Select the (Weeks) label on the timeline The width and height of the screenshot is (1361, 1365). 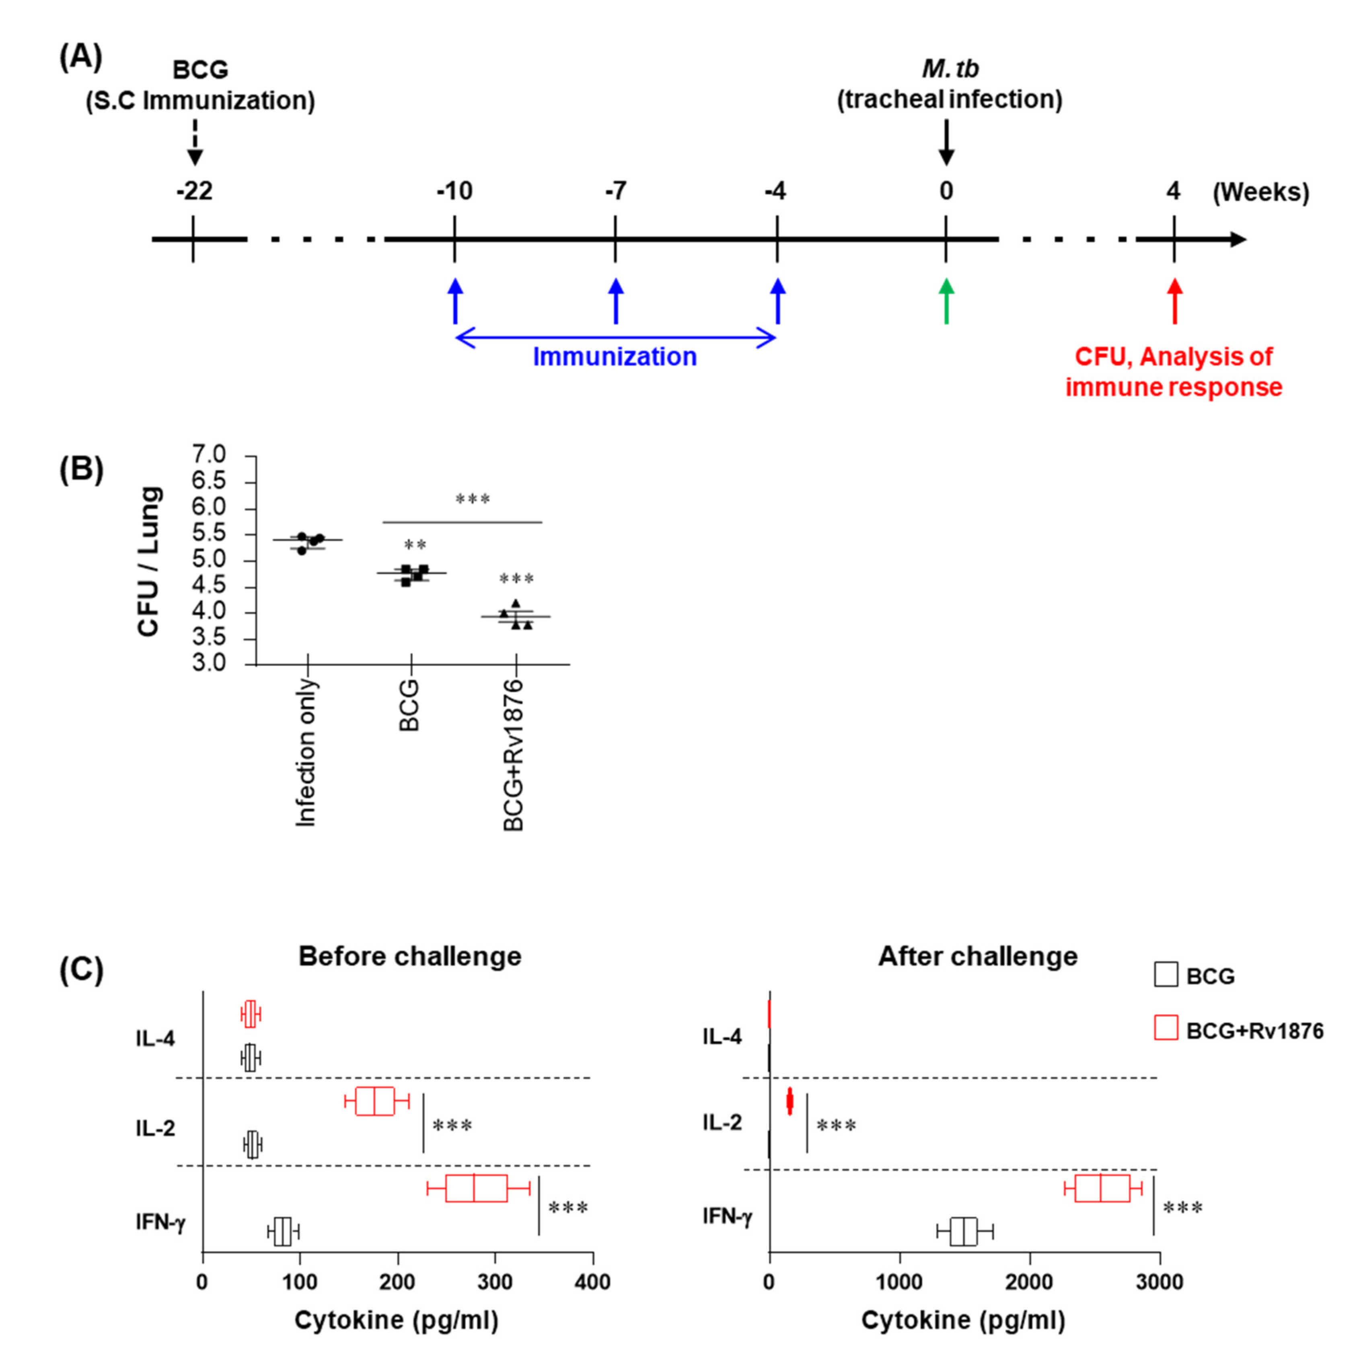1261,192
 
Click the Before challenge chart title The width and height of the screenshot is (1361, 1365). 410,956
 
